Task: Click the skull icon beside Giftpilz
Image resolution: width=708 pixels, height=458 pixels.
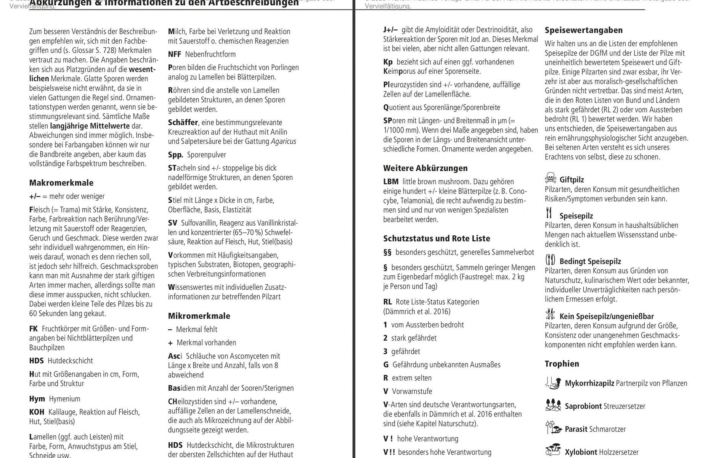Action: point(550,178)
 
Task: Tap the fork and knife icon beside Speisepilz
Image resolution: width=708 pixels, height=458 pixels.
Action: point(549,213)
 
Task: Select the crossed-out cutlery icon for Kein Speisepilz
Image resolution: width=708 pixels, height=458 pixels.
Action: point(550,314)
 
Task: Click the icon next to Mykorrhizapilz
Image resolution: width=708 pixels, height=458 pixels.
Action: point(553,382)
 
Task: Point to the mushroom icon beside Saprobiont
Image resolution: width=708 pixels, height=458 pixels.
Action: point(553,405)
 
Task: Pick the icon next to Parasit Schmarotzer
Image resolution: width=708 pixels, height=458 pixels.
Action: point(553,428)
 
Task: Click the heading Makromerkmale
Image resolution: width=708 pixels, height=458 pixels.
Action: point(61,183)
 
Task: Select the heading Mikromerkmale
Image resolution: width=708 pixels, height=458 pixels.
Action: point(199,316)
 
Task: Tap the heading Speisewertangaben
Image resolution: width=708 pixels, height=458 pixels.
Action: point(583,30)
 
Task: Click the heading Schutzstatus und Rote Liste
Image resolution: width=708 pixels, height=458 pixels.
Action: point(437,239)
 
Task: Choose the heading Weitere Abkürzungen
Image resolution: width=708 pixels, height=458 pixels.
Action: point(425,168)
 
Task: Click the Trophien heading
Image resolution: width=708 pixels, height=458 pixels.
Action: point(562,364)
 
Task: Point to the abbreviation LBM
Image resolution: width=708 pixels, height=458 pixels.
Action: point(391,182)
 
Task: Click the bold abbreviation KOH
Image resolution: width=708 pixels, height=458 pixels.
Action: point(37,412)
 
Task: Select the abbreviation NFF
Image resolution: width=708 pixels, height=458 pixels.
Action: point(175,54)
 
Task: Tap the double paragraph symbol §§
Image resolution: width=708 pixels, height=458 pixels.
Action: point(387,252)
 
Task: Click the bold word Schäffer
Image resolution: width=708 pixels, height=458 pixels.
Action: point(183,123)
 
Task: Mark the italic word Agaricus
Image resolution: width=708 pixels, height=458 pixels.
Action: point(283,142)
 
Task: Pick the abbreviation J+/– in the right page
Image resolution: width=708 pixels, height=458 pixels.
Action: point(390,30)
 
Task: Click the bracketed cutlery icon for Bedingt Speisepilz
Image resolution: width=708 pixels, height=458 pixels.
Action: point(550,260)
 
